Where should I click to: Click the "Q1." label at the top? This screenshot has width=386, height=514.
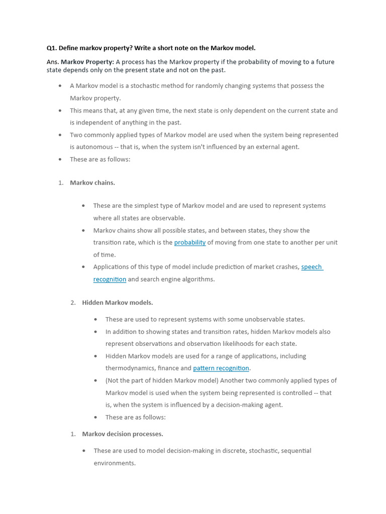[52, 48]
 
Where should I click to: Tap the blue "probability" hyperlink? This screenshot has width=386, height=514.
[190, 242]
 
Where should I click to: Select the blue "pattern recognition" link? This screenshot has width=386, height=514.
[221, 368]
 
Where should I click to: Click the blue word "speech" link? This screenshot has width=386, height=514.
[312, 267]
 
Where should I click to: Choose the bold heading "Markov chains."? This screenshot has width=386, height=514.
[92, 183]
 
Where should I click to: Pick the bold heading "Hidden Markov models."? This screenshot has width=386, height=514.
[118, 303]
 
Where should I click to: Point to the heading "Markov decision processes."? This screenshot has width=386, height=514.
[123, 434]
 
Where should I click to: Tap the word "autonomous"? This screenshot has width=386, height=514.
[89, 147]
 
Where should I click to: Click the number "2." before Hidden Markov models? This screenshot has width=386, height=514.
[73, 303]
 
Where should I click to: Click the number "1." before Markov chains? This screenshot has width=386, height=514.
[61, 183]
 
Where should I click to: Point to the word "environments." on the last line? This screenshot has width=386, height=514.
[115, 463]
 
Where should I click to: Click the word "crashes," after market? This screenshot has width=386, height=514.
[286, 267]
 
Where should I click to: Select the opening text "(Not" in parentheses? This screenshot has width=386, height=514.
[113, 380]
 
